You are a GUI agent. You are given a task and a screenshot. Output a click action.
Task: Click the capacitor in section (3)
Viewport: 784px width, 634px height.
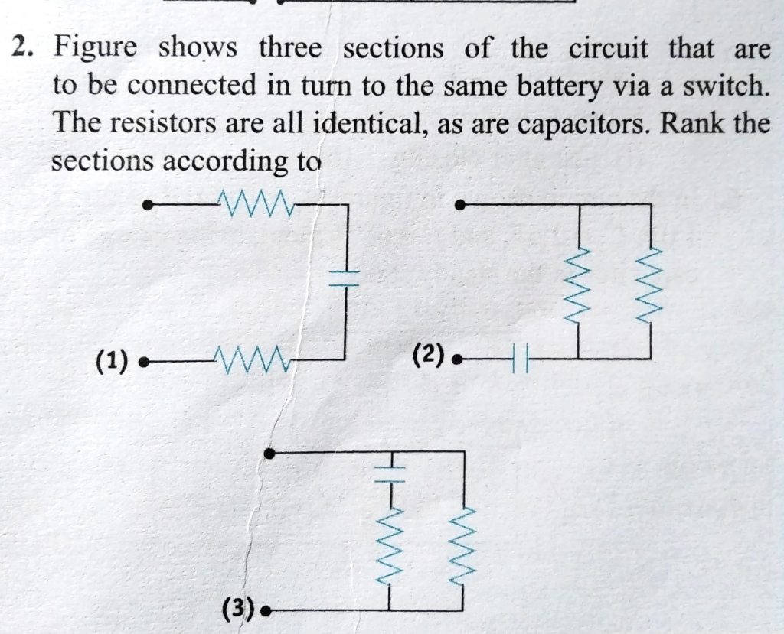390,475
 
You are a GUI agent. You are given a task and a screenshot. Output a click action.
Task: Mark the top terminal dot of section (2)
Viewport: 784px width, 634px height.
459,204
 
